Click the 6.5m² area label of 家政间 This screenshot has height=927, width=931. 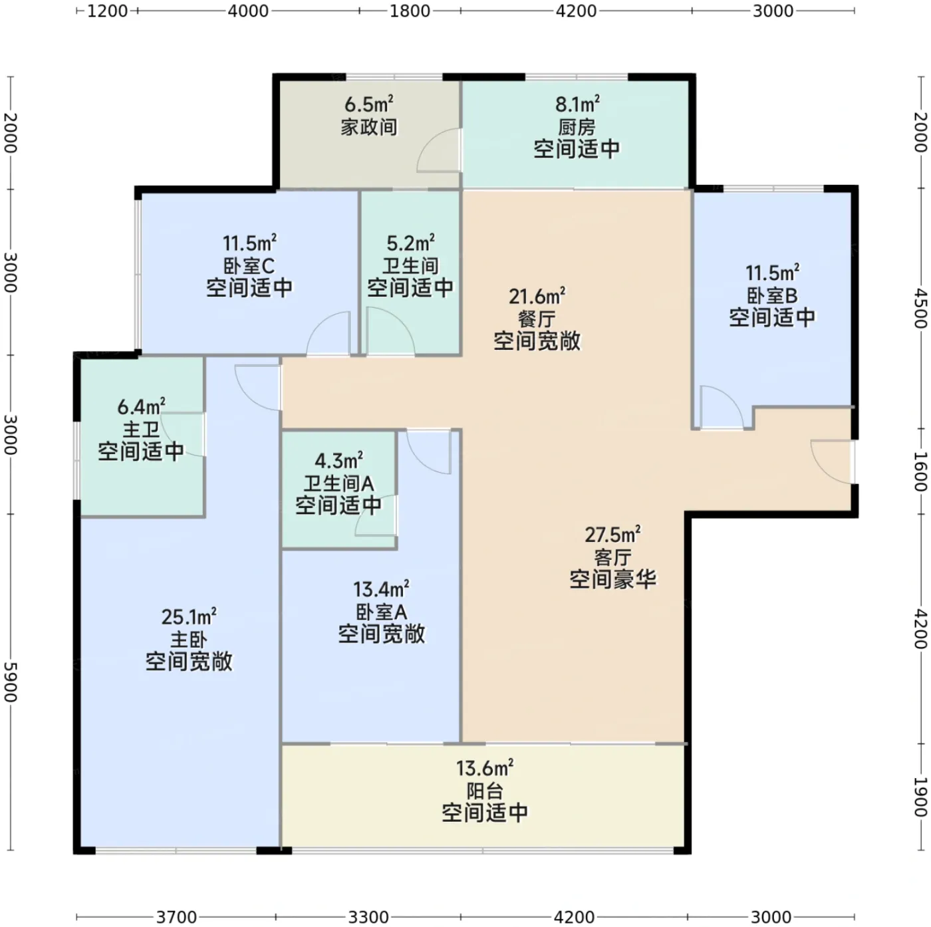coord(368,104)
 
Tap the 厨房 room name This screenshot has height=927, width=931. coord(577,128)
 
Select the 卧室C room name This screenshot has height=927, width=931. coord(249,266)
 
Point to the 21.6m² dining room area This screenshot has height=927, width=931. coord(537,297)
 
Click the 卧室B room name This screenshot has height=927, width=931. coord(772,295)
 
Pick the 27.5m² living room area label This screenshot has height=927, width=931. coord(612,535)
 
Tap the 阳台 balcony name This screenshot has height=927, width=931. coord(485,791)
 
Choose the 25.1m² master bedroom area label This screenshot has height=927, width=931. coord(189,616)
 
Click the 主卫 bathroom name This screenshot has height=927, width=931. coord(141,429)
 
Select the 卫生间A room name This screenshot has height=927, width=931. coord(338,483)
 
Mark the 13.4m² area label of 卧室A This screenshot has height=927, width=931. coord(381,589)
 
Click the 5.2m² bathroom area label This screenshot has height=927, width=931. coord(410,243)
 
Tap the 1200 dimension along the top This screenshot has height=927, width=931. coord(107,11)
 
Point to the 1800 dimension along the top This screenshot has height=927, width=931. coord(410,11)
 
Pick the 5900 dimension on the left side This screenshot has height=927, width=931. coord(11,682)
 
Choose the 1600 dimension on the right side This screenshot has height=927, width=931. coord(921,471)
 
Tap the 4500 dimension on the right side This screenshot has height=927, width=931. coord(921,308)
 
